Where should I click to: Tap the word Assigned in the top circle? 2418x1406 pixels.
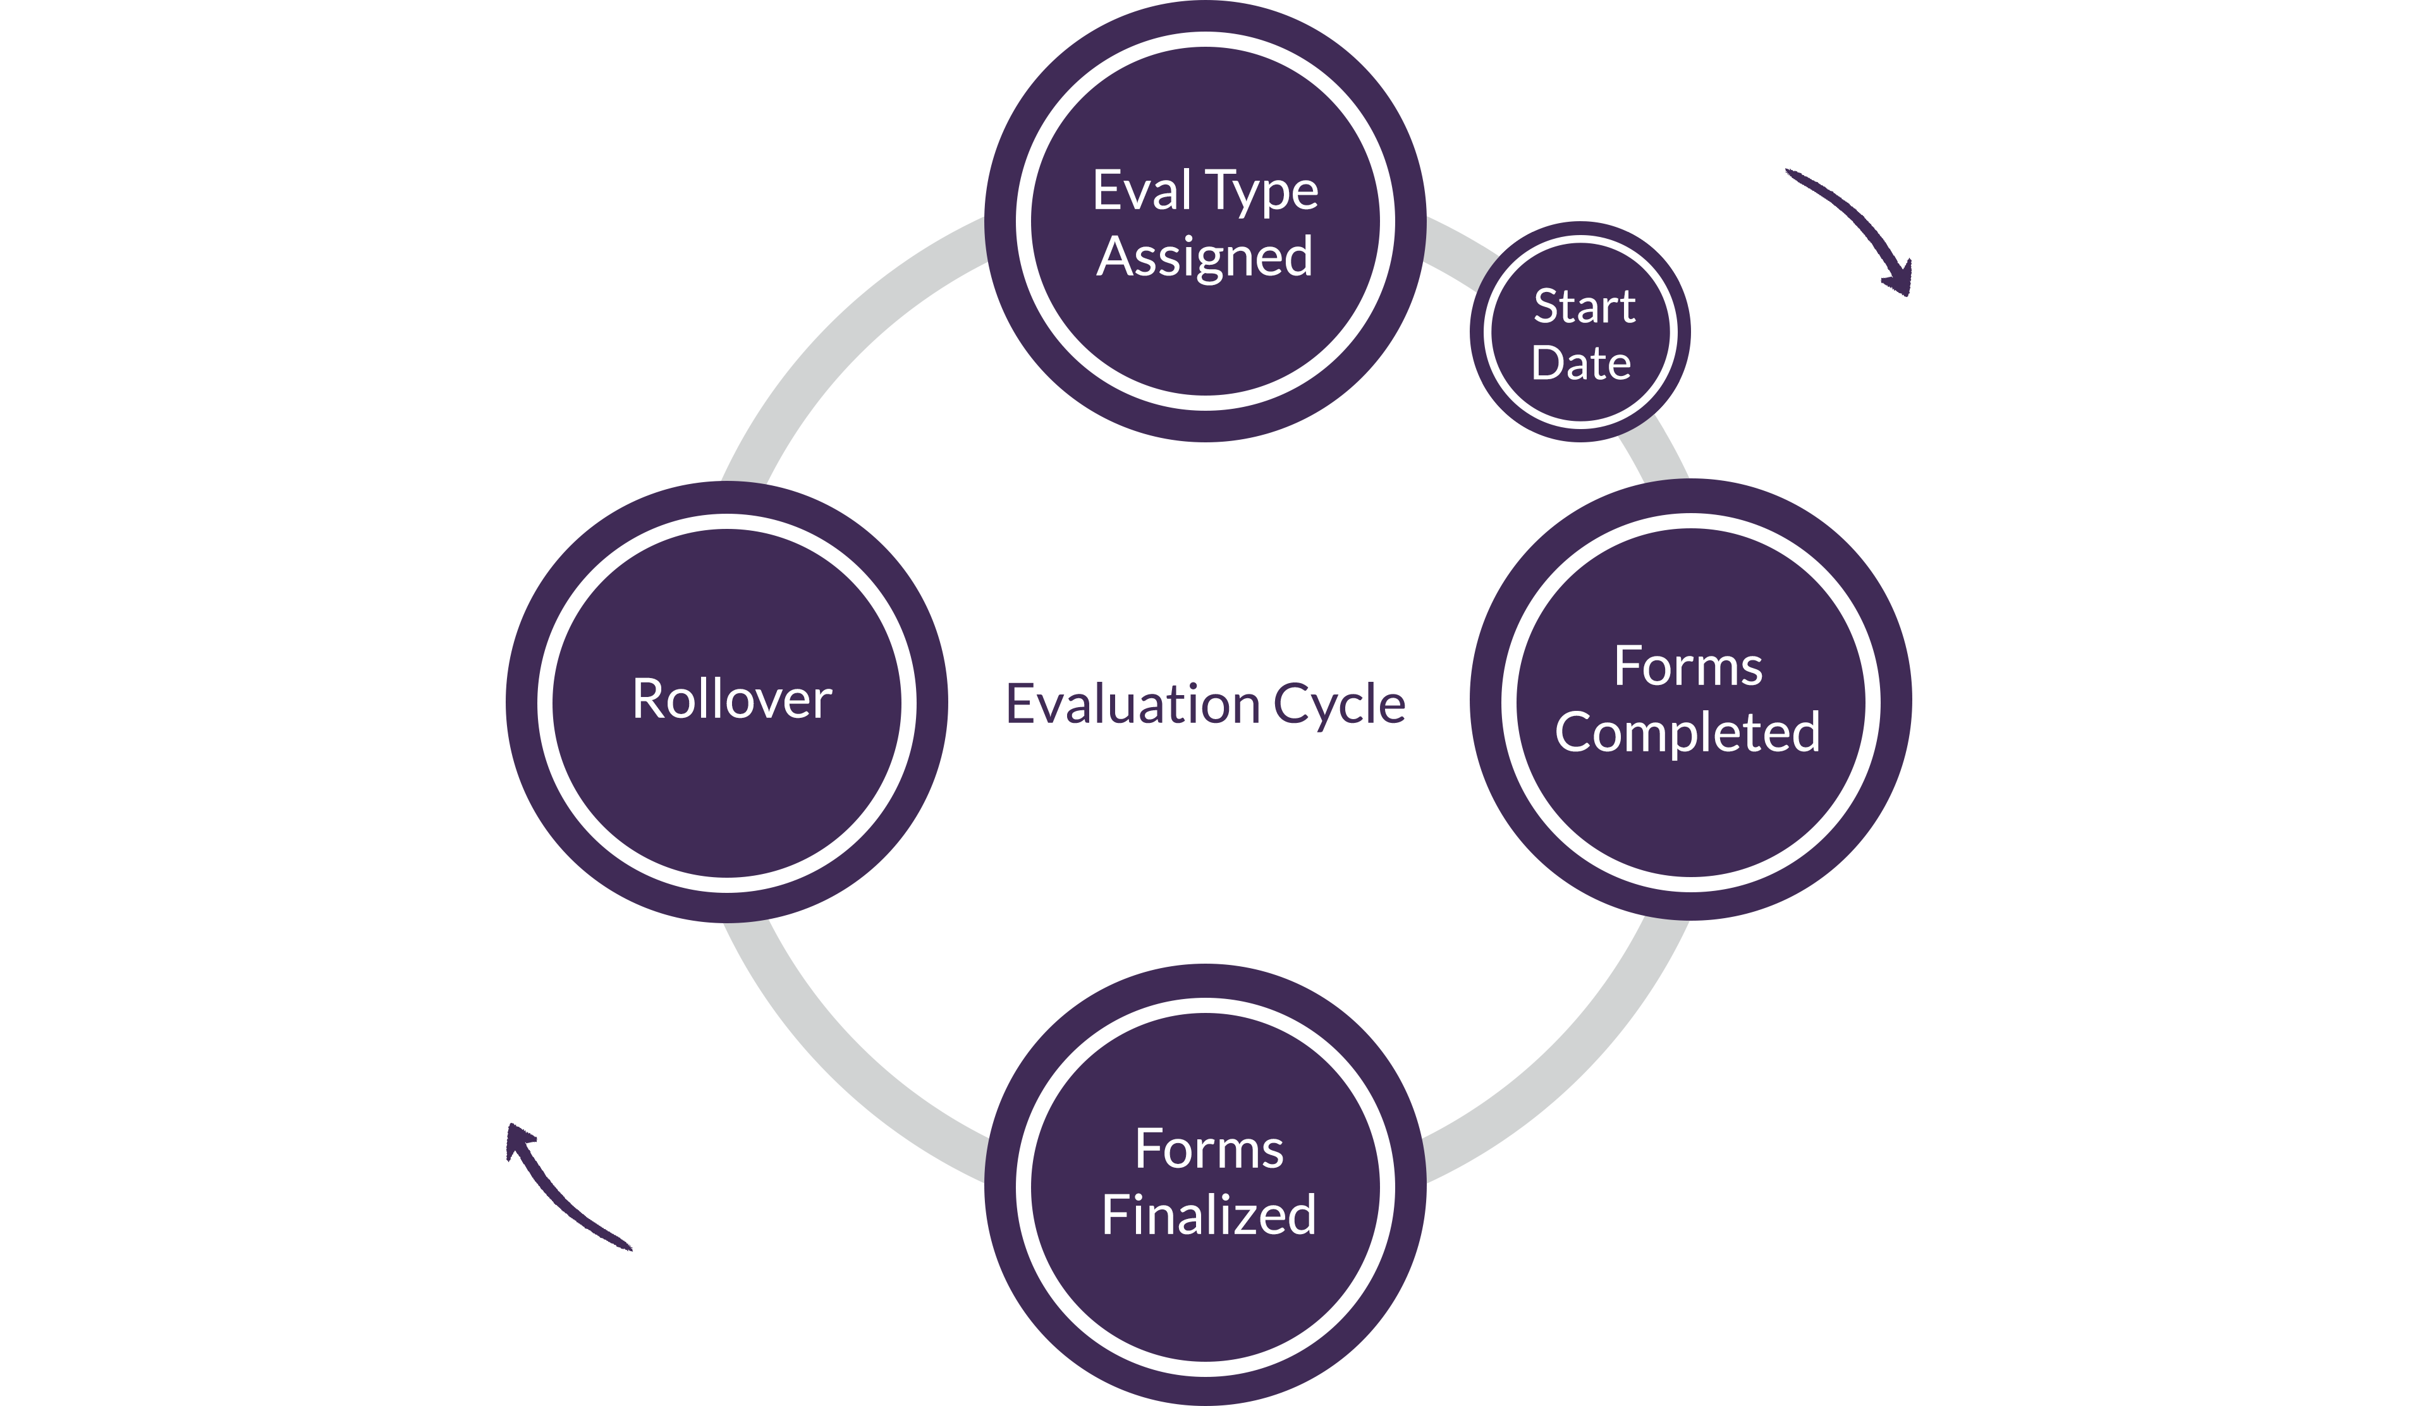point(1205,257)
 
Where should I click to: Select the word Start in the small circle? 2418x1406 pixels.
point(1584,307)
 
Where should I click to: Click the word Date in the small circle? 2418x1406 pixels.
point(1581,363)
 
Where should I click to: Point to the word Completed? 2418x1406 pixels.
point(1688,734)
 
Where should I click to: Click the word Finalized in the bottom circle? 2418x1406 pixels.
point(1209,1216)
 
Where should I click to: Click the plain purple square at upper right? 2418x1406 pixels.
point(1848,233)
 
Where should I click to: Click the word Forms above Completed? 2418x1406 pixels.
point(1688,667)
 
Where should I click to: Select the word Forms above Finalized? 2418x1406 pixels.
point(1209,1149)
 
